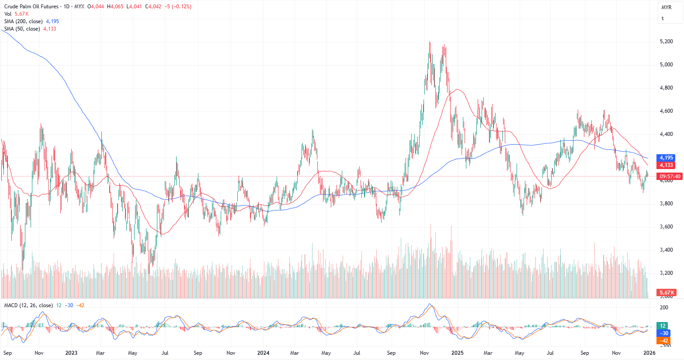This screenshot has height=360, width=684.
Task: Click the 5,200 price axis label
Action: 666,42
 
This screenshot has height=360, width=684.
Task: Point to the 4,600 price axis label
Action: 666,111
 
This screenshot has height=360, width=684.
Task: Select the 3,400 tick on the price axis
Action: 666,250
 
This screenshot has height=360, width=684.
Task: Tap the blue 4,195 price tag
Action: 666,158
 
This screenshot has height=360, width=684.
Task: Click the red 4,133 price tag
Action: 666,165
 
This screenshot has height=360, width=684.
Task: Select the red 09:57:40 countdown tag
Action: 670,177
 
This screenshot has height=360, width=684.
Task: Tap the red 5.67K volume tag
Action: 667,292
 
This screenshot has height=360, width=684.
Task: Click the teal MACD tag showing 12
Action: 663,325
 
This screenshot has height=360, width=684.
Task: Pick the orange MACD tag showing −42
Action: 664,341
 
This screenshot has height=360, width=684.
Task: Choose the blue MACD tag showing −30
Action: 664,333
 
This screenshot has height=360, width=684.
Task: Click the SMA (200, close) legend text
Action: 24,21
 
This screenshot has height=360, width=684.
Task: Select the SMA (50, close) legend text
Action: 22,29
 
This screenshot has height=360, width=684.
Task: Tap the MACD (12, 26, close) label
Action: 28,305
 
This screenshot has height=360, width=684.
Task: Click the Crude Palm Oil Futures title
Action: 31,7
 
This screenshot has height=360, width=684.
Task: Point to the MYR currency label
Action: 666,7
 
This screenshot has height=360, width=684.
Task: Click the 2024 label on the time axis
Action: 263,353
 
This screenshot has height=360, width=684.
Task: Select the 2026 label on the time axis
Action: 649,353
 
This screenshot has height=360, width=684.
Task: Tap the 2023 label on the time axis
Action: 71,353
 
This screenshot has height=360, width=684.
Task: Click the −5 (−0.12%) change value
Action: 178,7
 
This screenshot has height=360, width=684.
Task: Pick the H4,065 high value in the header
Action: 115,7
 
